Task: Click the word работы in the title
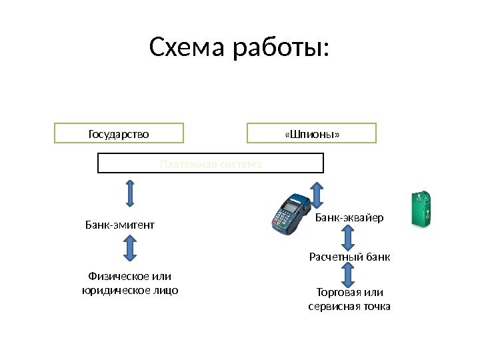click(x=281, y=49)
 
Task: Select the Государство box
click(x=119, y=133)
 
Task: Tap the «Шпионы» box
click(x=311, y=133)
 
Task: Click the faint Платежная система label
click(x=211, y=163)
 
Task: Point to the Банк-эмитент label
click(x=120, y=225)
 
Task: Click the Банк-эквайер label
click(x=349, y=217)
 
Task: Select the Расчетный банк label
click(x=349, y=257)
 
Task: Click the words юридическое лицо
click(x=130, y=290)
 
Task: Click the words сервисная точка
click(x=350, y=307)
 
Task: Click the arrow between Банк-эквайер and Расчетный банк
click(x=347, y=237)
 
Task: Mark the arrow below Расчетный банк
click(x=347, y=274)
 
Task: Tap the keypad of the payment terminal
click(x=283, y=221)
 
